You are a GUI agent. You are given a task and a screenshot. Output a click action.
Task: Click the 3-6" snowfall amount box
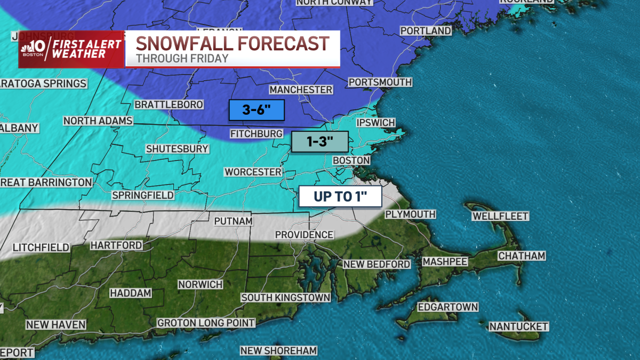(256, 110)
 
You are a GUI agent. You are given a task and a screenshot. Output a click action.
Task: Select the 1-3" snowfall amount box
(319, 142)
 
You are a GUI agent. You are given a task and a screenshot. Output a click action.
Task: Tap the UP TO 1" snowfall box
(340, 196)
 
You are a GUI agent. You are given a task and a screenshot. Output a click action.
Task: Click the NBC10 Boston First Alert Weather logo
(71, 49)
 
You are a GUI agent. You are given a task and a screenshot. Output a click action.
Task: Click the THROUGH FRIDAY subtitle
(182, 59)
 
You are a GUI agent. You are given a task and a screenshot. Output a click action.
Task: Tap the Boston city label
(351, 161)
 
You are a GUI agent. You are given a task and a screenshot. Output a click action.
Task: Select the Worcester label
(253, 172)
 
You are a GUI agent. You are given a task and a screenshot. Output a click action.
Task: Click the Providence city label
(304, 235)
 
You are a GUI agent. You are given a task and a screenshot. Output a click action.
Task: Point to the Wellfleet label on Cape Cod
(500, 216)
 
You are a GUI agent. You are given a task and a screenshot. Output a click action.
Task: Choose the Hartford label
(116, 245)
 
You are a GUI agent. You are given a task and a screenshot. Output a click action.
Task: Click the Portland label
(426, 31)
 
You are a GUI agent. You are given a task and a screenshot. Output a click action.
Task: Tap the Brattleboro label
(169, 105)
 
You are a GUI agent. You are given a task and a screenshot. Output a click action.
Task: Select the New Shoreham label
(278, 350)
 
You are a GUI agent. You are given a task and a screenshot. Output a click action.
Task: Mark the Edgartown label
(447, 307)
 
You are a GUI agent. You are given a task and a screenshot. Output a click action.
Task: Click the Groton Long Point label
(206, 323)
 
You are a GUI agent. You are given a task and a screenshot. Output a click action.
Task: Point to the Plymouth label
(410, 214)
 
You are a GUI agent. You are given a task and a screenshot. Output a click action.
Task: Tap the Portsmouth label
(380, 82)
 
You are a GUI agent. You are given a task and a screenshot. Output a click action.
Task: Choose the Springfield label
(143, 195)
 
